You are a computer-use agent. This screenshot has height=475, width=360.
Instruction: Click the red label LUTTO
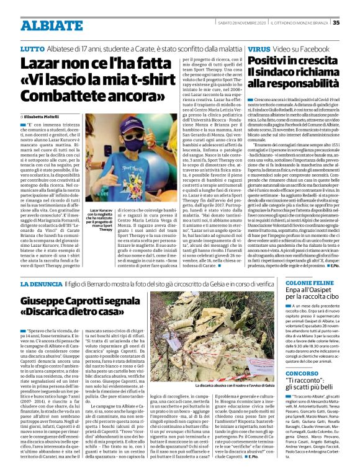(32, 48)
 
